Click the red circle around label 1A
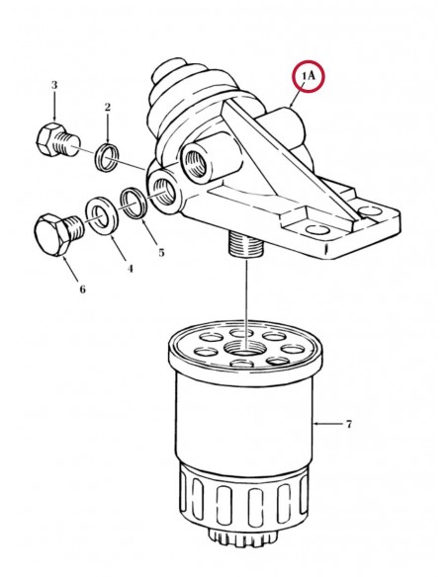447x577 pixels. click(309, 61)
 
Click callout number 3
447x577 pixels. click(54, 85)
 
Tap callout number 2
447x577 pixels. click(108, 107)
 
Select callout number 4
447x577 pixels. click(130, 269)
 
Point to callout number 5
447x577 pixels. click(161, 253)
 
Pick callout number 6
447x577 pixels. click(82, 288)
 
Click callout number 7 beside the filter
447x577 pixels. click(349, 424)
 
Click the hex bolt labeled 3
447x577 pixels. click(57, 142)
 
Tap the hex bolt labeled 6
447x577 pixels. click(59, 234)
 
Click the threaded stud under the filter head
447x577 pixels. click(245, 244)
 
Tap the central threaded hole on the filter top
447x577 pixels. click(242, 348)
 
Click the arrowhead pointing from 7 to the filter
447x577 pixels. click(316, 424)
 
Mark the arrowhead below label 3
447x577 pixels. click(54, 119)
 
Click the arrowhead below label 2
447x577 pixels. click(108, 140)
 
